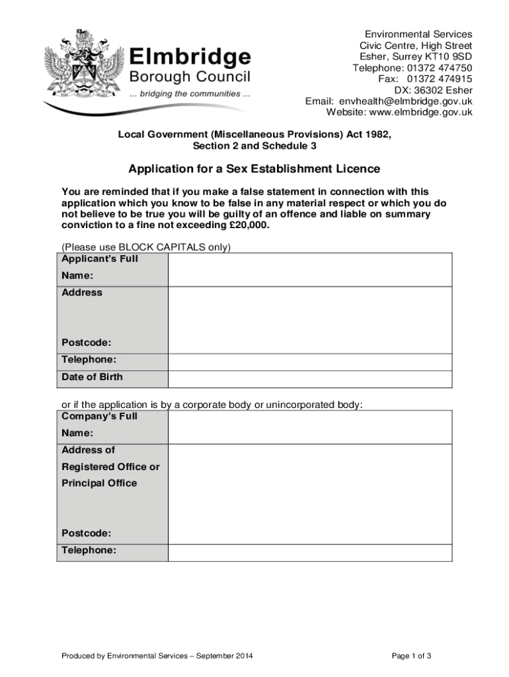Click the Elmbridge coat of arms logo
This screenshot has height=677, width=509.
point(82,67)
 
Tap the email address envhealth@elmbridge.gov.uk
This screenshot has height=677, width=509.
point(406,101)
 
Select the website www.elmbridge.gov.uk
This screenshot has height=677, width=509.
point(416,112)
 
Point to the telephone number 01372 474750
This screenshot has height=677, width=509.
point(440,67)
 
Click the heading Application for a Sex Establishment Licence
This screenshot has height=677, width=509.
point(255,169)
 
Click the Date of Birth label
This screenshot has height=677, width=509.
point(92,378)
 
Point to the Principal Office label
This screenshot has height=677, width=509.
point(99,483)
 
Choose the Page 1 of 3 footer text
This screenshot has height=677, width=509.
point(411,656)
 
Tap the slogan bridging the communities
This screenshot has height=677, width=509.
point(190,94)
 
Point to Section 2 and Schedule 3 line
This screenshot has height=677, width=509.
point(255,145)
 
